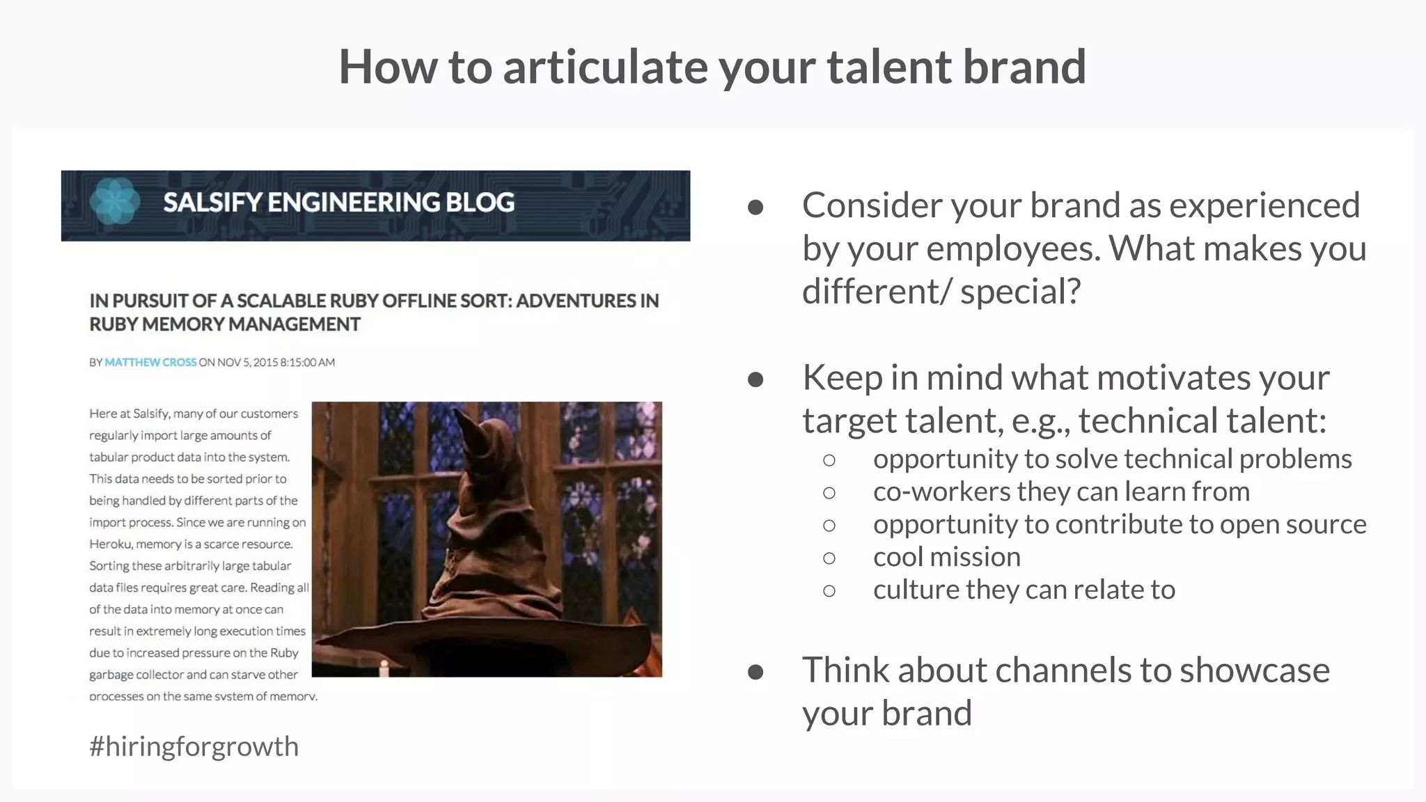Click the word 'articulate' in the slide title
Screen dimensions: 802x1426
tap(604, 67)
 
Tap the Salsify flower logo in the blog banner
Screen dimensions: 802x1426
tap(115, 202)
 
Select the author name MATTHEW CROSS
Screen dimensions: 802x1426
tap(150, 362)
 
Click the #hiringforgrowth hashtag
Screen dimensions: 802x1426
tap(194, 746)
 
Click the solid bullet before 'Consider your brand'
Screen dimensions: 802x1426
tap(755, 207)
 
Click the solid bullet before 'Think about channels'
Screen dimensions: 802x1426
tap(755, 672)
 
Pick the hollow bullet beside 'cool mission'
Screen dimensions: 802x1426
tap(829, 558)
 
